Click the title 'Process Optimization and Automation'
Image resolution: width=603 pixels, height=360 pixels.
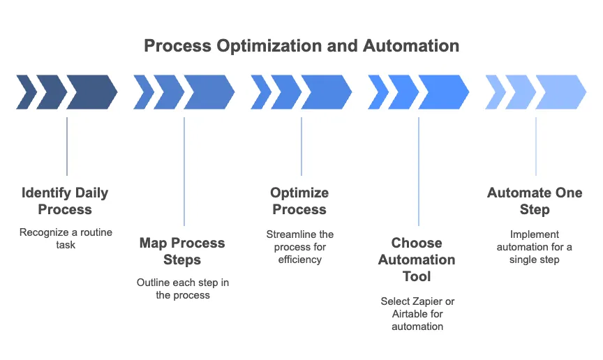point(301,46)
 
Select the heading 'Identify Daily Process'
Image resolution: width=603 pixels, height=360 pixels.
point(65,201)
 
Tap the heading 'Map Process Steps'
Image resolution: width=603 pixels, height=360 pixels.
point(182,251)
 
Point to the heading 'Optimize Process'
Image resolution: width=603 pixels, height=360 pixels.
point(299,201)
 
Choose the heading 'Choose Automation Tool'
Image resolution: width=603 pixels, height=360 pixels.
point(417,260)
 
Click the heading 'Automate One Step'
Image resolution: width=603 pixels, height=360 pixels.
point(535,201)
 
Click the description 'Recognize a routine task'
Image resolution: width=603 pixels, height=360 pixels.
point(66,239)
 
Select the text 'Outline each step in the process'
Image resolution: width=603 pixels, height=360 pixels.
point(183,289)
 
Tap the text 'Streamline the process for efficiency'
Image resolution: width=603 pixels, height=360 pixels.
point(300,246)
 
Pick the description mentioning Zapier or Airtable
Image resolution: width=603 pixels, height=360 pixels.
point(417,313)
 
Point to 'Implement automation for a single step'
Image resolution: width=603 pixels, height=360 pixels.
point(535,246)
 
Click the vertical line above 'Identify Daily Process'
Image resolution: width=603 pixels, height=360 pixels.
point(67,147)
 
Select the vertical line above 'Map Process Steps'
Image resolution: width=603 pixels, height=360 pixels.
point(184,172)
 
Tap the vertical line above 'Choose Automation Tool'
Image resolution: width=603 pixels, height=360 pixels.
point(419,172)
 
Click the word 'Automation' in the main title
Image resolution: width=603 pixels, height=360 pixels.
point(411,46)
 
